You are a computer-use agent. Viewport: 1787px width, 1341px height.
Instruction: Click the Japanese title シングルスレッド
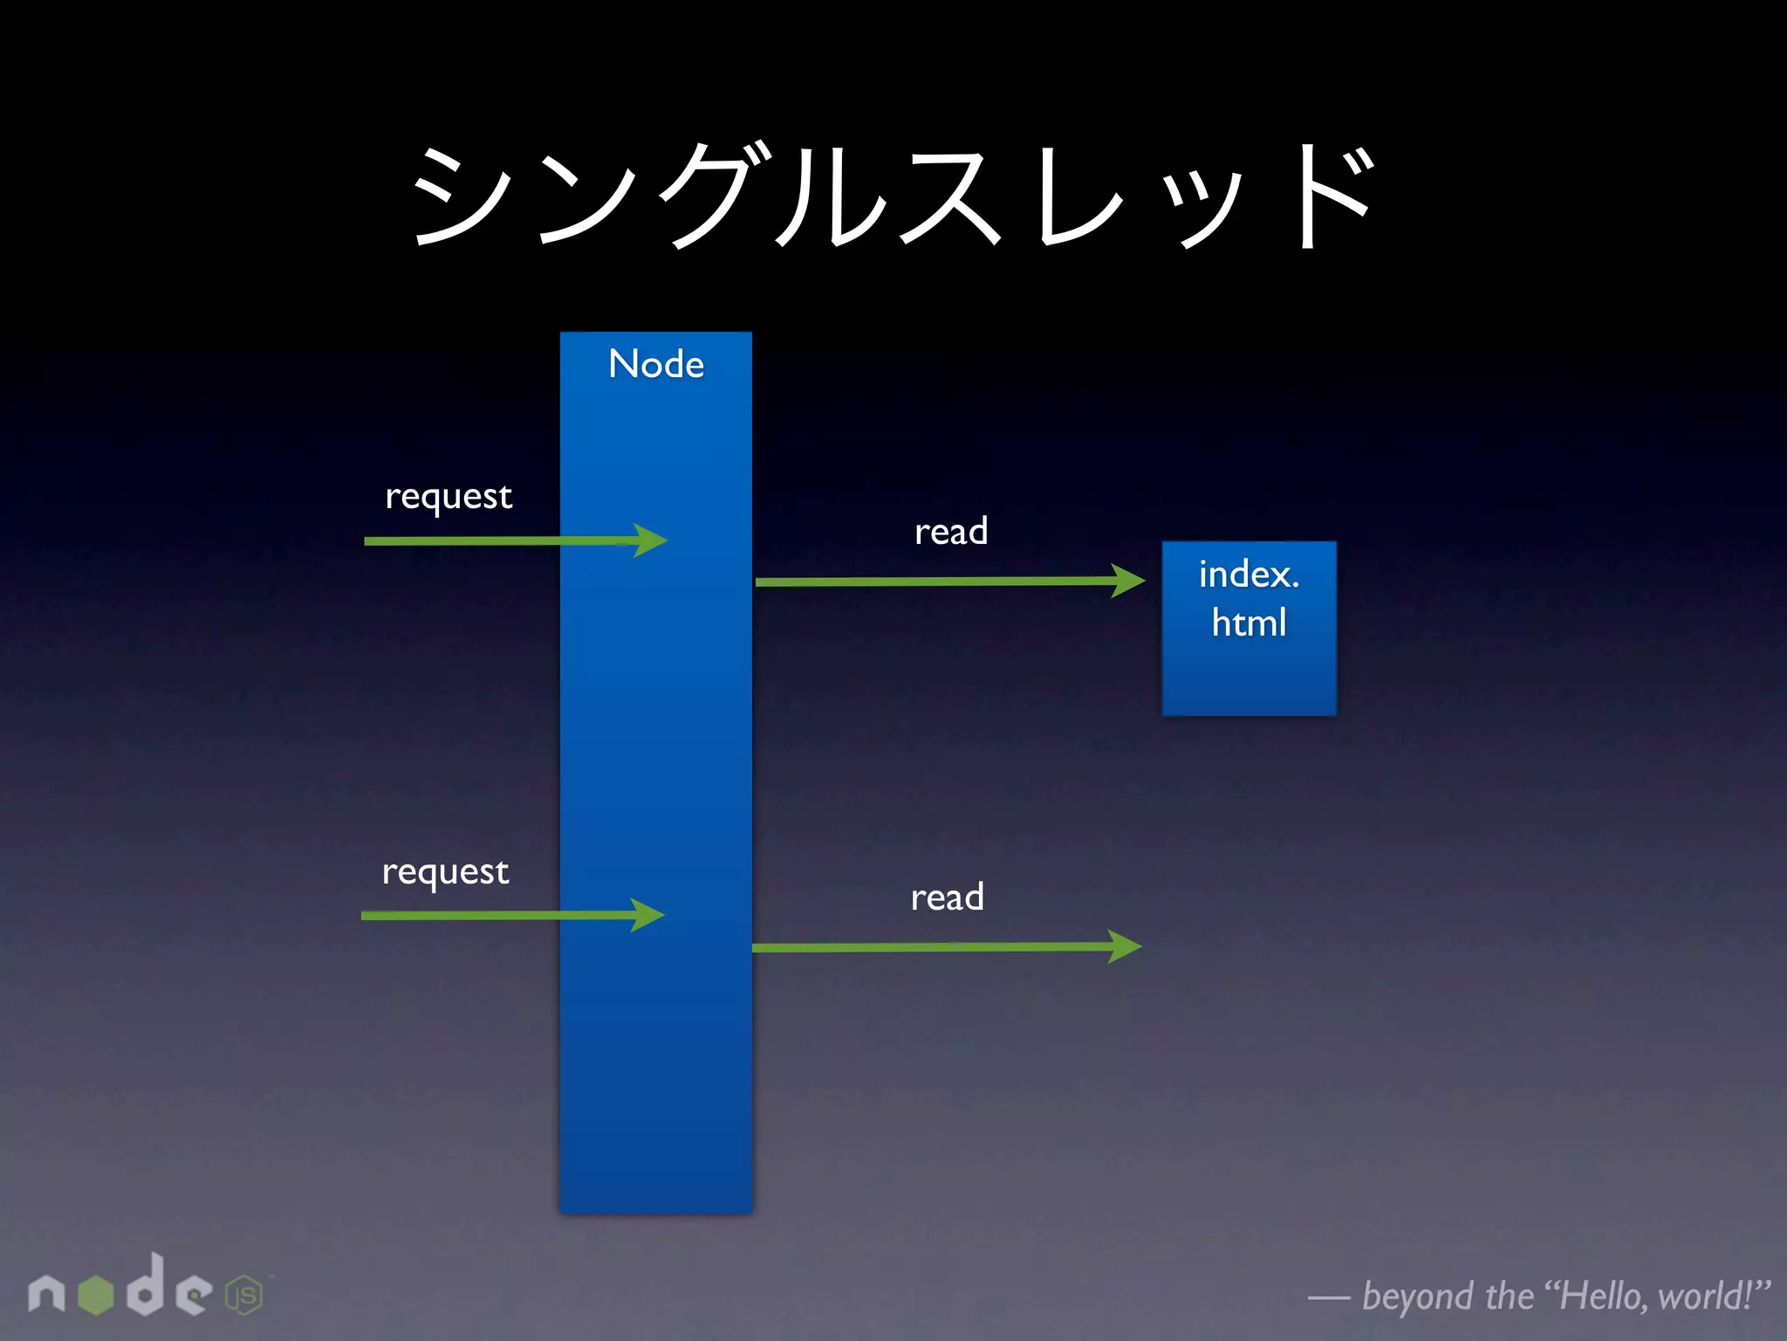click(x=893, y=196)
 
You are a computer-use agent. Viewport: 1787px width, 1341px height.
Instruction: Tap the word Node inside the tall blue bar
click(x=656, y=364)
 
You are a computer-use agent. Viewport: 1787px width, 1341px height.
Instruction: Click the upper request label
click(x=448, y=497)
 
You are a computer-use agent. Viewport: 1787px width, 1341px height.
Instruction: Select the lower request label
click(x=445, y=872)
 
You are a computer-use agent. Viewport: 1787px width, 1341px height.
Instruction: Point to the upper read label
click(x=951, y=532)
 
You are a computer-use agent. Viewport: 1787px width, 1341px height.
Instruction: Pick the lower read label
click(x=948, y=897)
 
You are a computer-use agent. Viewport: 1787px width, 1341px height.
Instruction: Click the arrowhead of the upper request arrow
click(x=650, y=540)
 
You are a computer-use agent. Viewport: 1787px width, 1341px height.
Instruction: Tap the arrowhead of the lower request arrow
click(x=647, y=915)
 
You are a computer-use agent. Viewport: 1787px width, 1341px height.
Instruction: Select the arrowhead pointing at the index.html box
click(x=1127, y=581)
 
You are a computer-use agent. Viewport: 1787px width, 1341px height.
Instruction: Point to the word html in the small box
click(x=1249, y=623)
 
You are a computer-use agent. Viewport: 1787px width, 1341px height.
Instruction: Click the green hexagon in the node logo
click(x=96, y=1294)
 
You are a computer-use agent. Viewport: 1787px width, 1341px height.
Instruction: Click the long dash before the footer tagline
click(x=1328, y=1299)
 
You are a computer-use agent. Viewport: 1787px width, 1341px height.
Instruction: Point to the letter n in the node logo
click(x=46, y=1294)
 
